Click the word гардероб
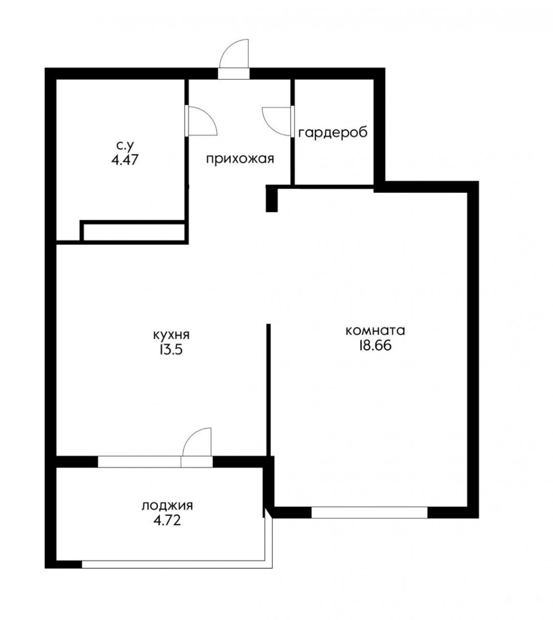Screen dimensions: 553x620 [333, 133]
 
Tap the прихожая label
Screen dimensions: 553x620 [240, 159]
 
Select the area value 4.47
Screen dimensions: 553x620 [125, 159]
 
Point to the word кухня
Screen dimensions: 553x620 [172, 335]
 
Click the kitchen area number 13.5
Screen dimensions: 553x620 [171, 349]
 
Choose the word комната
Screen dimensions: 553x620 [375, 331]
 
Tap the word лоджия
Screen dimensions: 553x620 [167, 507]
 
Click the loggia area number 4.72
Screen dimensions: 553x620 [167, 520]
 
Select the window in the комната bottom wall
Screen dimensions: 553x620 [369, 513]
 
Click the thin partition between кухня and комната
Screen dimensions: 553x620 [268, 390]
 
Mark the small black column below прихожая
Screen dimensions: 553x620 [271, 198]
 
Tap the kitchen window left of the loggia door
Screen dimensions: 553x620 [139, 462]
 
